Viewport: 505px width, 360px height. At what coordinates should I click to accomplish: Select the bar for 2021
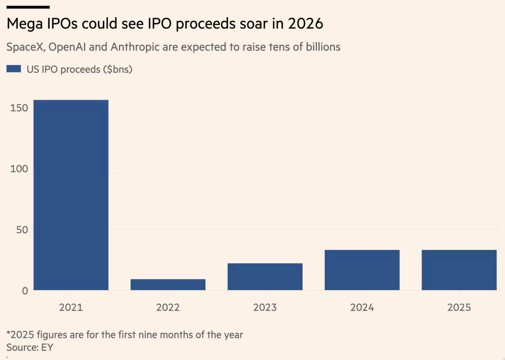point(71,195)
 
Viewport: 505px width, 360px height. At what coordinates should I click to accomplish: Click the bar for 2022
point(168,284)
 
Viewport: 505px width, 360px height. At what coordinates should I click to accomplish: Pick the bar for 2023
point(265,276)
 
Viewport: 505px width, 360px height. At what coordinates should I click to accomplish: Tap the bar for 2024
point(362,270)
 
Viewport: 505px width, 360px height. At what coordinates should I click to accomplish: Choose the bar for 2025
point(459,270)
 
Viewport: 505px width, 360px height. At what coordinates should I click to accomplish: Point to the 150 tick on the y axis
point(19,108)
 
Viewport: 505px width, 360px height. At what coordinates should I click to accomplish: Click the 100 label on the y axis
point(19,168)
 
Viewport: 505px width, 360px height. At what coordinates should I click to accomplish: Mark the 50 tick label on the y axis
point(22,230)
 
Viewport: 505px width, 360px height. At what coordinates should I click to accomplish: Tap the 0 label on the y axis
point(25,291)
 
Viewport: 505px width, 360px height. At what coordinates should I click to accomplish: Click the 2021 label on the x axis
point(71,307)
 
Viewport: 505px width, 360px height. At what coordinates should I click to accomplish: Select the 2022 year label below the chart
point(168,307)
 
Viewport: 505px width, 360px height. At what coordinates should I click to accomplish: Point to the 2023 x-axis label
point(265,307)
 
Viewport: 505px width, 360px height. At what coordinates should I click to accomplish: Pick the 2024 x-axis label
point(362,307)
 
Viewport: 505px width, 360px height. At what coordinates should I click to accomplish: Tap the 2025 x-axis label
point(459,307)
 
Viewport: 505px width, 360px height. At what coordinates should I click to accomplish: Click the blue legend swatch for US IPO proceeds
point(14,69)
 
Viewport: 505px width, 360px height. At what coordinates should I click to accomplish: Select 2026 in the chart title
point(305,24)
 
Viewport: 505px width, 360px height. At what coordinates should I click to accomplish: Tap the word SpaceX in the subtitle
point(26,47)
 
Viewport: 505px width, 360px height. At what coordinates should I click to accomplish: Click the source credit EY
point(47,347)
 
